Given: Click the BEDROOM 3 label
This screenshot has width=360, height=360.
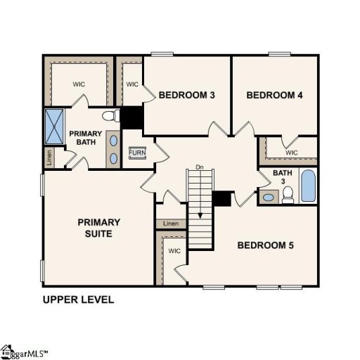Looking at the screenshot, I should point(186,95).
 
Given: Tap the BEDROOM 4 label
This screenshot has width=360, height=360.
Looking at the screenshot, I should point(274,95).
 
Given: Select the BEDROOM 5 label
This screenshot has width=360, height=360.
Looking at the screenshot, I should point(265,245).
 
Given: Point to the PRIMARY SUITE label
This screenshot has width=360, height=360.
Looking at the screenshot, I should point(98,228).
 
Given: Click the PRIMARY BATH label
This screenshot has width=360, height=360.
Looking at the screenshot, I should point(86,138).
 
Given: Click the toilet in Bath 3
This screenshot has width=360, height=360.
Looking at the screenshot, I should point(288,197).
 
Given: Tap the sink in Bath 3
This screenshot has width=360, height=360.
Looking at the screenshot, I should point(268,196).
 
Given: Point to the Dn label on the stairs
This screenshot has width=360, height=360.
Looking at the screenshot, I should point(199,167).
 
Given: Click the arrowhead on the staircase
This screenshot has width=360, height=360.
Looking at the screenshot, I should point(200,216).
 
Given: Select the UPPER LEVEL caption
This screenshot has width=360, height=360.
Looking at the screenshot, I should point(78,300).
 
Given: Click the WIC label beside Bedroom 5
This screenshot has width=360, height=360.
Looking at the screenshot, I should point(174,250).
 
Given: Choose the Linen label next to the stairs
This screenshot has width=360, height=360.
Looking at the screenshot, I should point(171,224).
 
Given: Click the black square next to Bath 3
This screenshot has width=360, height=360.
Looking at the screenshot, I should point(222,199).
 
